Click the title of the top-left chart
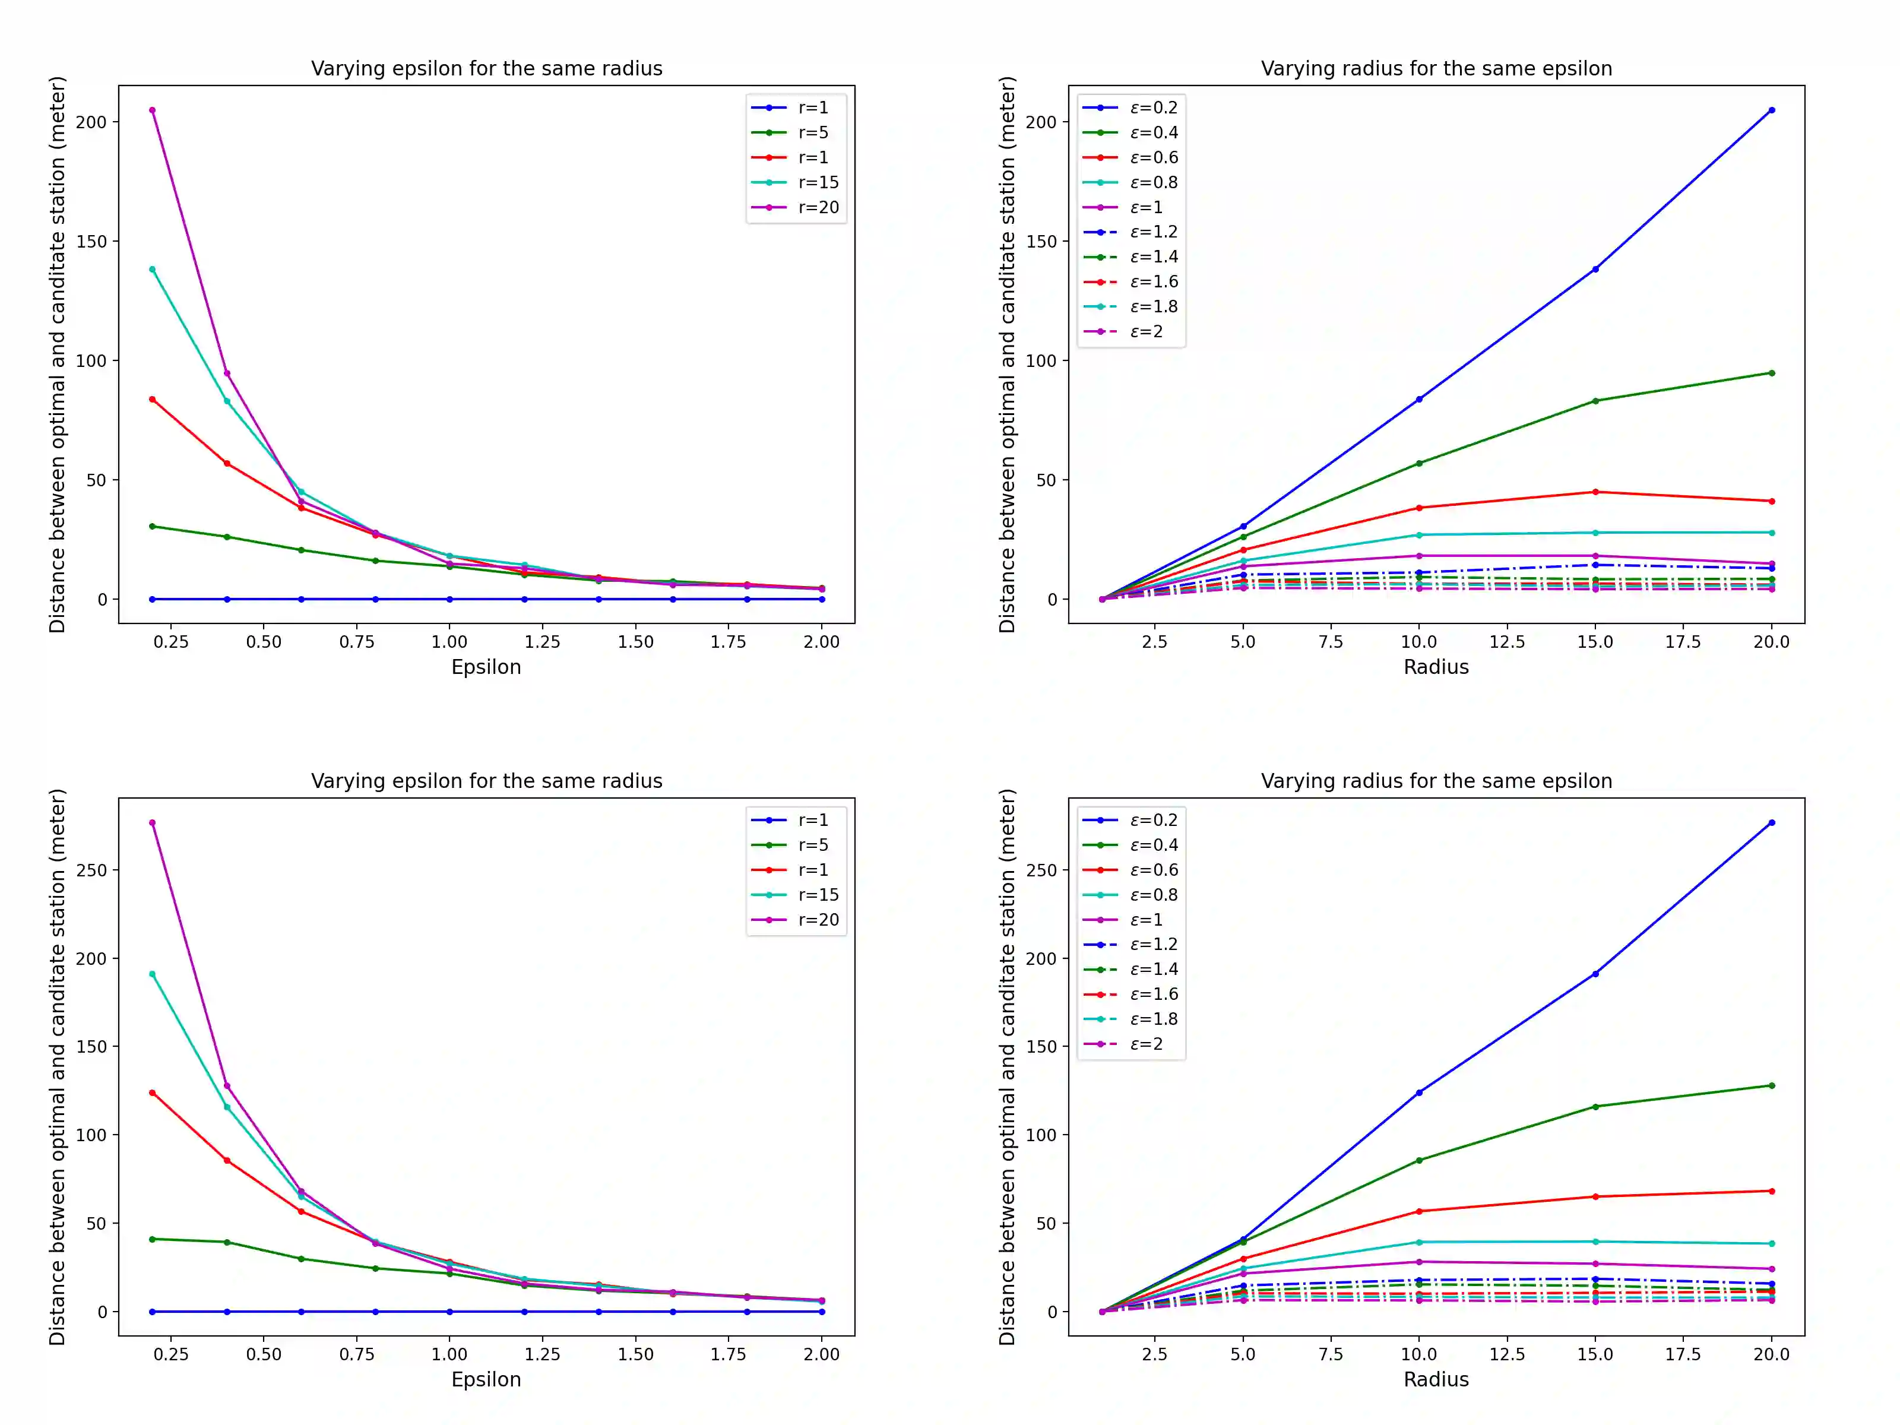(x=486, y=69)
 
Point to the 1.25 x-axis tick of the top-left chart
(x=542, y=642)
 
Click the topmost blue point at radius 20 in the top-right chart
(x=1771, y=110)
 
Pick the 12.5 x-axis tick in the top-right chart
(x=1506, y=642)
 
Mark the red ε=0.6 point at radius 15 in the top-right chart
(x=1595, y=492)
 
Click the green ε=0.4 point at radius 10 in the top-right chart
(x=1419, y=464)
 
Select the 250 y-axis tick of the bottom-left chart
(x=92, y=870)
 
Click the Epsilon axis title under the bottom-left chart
(x=486, y=1379)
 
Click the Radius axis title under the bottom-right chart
(x=1436, y=1379)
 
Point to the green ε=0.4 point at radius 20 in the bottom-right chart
(x=1771, y=1086)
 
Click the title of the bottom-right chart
(x=1436, y=781)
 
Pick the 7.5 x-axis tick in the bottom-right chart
(x=1331, y=1354)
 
